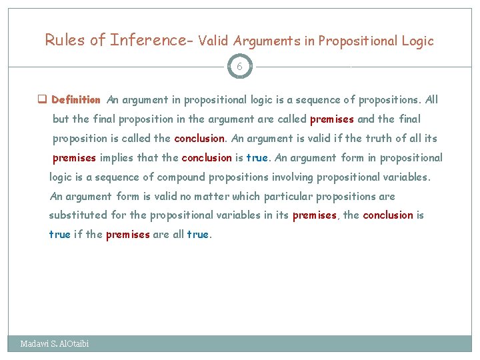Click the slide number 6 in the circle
coord(240,67)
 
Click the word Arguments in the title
coord(268,41)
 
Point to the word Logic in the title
coord(417,41)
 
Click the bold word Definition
coord(76,100)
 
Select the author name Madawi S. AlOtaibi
coord(55,344)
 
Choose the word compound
coord(178,177)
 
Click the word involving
coord(291,177)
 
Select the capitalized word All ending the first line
coord(431,100)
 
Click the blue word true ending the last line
coord(197,235)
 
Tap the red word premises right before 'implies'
coord(75,158)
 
